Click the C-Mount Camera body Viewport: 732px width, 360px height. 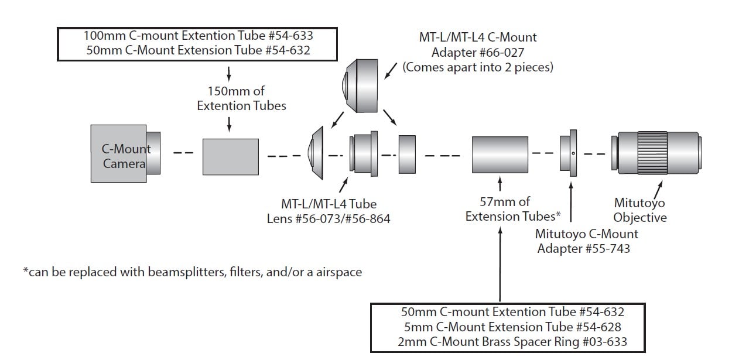pos(119,153)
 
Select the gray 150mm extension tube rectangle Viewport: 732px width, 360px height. pos(231,157)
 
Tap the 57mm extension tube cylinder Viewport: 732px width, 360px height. pos(500,155)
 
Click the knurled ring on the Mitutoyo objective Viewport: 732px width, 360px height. pos(652,153)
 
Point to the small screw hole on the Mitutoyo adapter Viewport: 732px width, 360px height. pos(573,153)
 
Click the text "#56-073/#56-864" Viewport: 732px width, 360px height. pos(343,219)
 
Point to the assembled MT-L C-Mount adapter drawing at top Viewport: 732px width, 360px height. pos(360,86)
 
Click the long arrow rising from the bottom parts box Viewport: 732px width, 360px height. pos(500,265)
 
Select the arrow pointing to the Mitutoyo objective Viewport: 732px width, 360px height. pos(658,190)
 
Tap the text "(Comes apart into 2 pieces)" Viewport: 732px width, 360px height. pos(478,67)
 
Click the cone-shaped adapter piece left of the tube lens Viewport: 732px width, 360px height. pos(316,153)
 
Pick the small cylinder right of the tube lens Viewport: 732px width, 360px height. pos(407,155)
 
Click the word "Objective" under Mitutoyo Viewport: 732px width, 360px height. pos(640,218)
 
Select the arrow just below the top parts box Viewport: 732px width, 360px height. pos(229,74)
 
